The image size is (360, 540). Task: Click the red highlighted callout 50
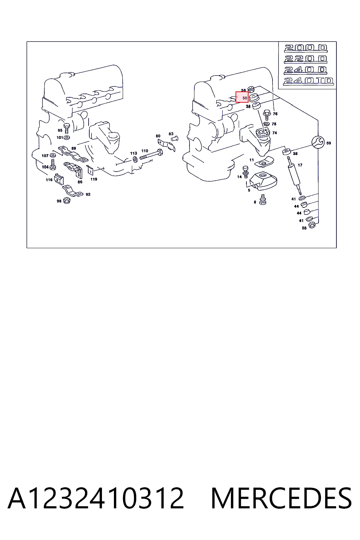pyautogui.click(x=242, y=97)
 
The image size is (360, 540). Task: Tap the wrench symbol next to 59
pyautogui.click(x=318, y=142)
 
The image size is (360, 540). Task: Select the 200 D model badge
pyautogui.click(x=306, y=48)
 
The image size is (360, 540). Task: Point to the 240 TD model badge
pyautogui.click(x=308, y=81)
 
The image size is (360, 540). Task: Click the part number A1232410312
pyautogui.click(x=96, y=498)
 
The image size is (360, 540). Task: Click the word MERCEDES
pyautogui.click(x=281, y=498)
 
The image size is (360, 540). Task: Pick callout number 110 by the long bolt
pyautogui.click(x=145, y=151)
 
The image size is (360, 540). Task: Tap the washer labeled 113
pyautogui.click(x=135, y=159)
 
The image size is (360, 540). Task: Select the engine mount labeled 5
pyautogui.click(x=263, y=181)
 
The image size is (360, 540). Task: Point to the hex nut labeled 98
pyautogui.click(x=66, y=200)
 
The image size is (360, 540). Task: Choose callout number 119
pyautogui.click(x=94, y=179)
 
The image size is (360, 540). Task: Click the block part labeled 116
pyautogui.click(x=59, y=179)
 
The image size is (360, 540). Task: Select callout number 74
pyautogui.click(x=275, y=133)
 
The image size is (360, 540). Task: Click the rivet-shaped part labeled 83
pyautogui.click(x=175, y=139)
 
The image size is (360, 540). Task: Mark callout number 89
pyautogui.click(x=73, y=148)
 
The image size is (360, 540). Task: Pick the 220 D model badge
pyautogui.click(x=306, y=59)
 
